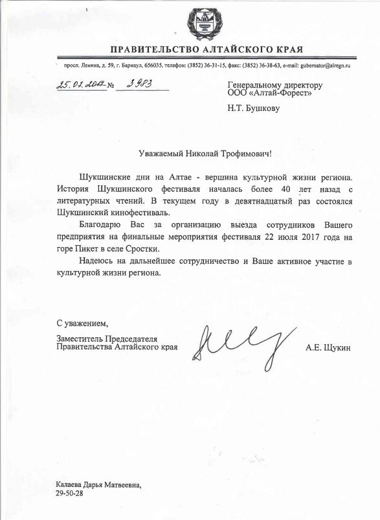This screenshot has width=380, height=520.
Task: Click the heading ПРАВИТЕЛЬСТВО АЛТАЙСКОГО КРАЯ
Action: (206, 50)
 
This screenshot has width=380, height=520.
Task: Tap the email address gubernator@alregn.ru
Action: (326, 65)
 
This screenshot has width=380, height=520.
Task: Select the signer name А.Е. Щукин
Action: (328, 349)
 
